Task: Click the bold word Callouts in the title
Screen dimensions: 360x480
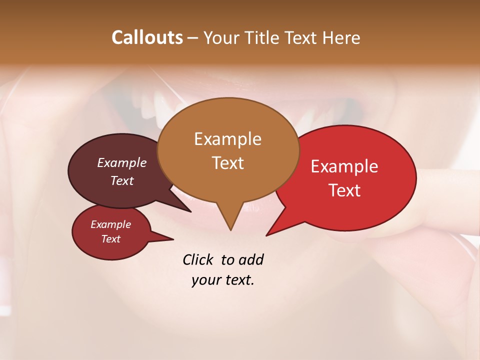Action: pos(147,37)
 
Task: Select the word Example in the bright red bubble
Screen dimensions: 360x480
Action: pos(344,166)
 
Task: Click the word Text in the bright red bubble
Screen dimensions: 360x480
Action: pos(344,190)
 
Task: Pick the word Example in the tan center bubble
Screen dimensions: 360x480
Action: pos(227,139)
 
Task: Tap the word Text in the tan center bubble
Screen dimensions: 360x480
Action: pos(227,162)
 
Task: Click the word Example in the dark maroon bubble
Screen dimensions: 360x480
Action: pos(121,162)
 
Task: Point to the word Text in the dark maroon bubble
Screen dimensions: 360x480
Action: pos(121,180)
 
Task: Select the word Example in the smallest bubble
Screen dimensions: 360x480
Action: pos(110,224)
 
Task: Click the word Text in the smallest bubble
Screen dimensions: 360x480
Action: pos(110,239)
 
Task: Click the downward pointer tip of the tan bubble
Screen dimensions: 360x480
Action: pos(230,229)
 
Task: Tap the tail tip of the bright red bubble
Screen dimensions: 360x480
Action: pos(267,235)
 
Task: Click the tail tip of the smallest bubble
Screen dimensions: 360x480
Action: pos(173,239)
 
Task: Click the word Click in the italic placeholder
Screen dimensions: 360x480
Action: pos(198,259)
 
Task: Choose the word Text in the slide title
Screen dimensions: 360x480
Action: pos(300,37)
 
